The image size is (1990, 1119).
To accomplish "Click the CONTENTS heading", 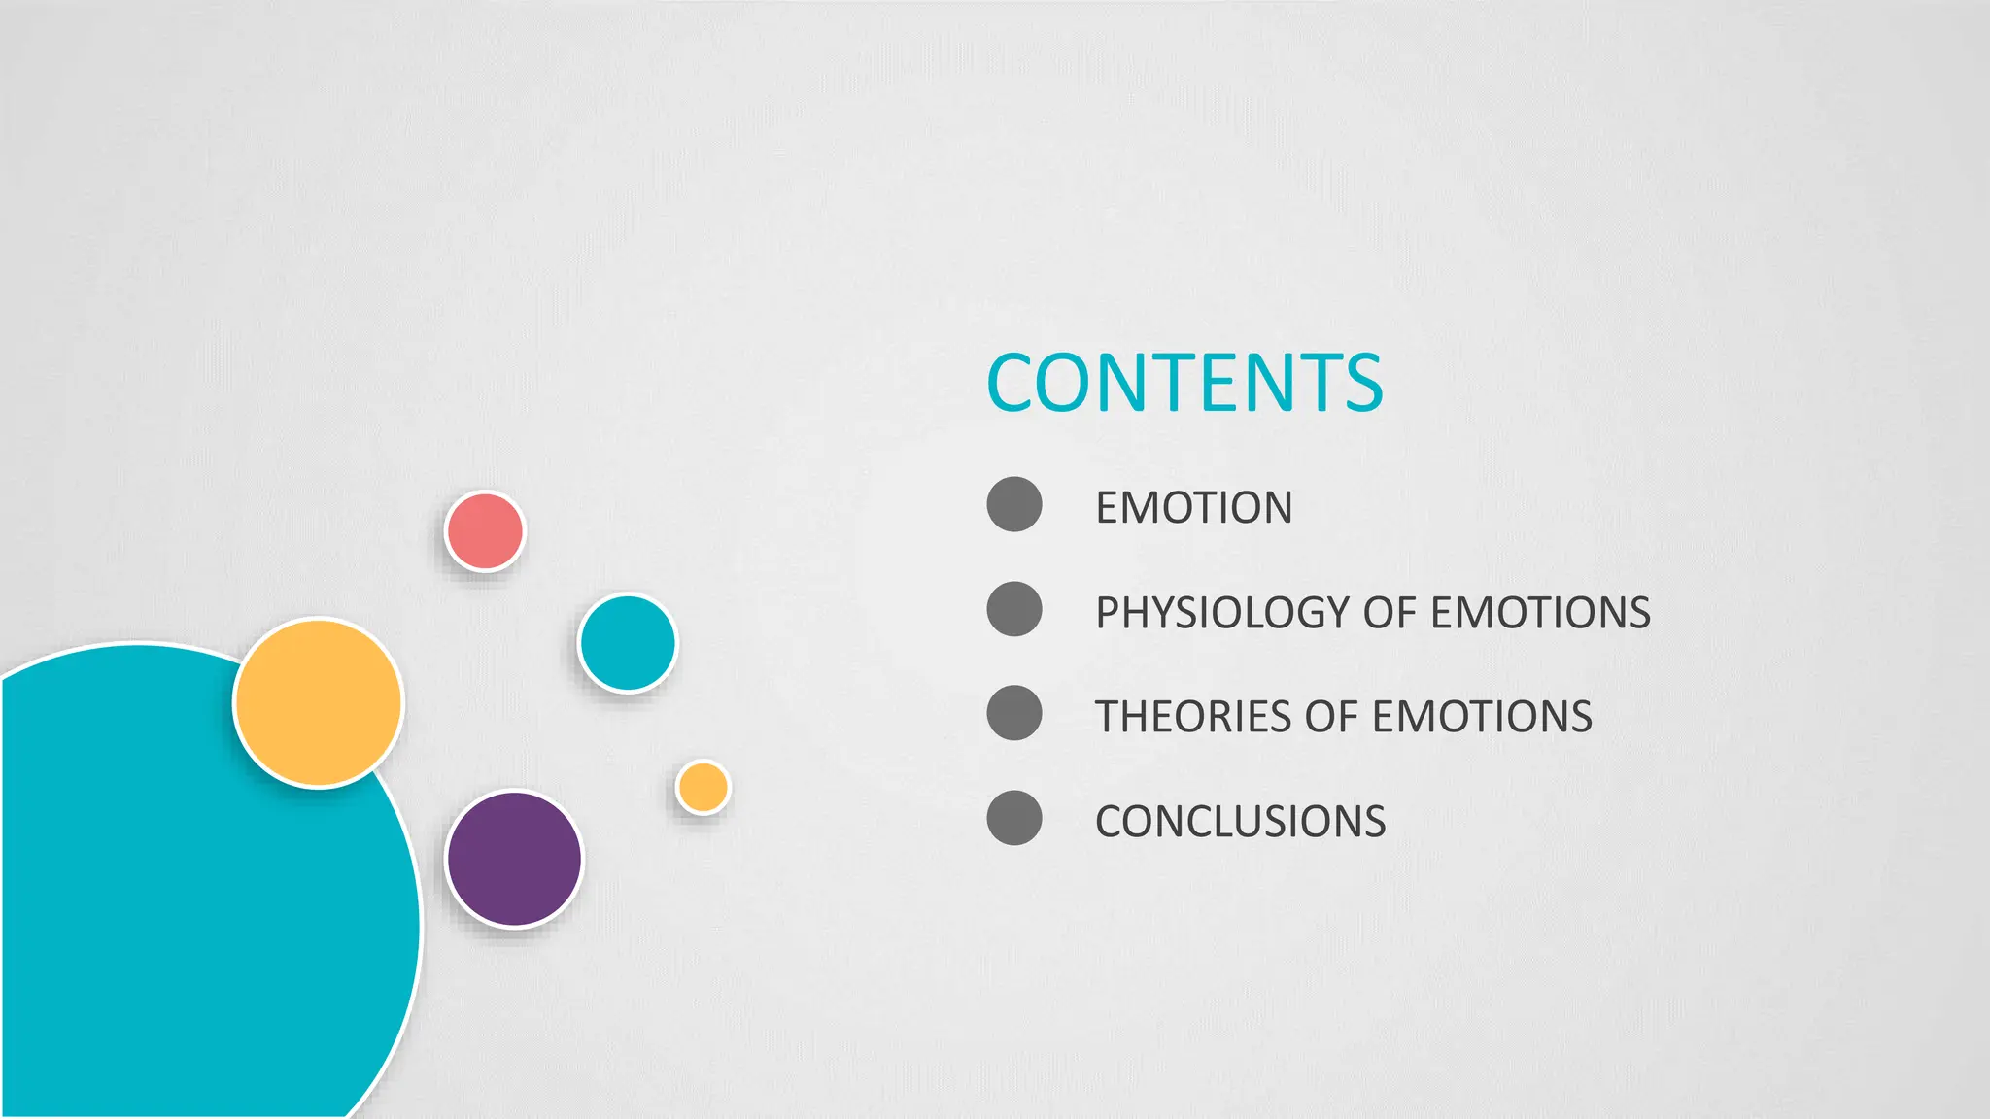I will (x=1184, y=383).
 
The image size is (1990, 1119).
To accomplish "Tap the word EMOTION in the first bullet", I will (x=1193, y=507).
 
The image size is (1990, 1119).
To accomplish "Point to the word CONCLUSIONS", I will (x=1240, y=822).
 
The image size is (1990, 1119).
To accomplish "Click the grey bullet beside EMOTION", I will (x=1013, y=504).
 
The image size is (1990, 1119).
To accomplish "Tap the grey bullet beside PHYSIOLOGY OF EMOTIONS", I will (x=1013, y=609).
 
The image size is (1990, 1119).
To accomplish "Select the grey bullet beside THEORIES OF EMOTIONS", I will (x=1013, y=713).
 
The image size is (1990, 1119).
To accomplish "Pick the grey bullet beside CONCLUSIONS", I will (x=1013, y=818).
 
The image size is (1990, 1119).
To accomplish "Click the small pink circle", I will (x=485, y=531).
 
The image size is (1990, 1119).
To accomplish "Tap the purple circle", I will (x=514, y=859).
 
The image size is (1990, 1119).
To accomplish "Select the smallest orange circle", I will (x=703, y=787).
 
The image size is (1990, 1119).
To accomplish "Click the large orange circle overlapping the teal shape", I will (x=319, y=702).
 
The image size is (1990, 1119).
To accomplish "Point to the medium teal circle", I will (x=627, y=643).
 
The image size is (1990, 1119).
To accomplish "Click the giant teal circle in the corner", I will (x=175, y=923).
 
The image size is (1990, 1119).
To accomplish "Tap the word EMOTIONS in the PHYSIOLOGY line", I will (x=1540, y=613).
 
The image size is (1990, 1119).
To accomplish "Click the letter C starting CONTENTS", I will (x=1011, y=383).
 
